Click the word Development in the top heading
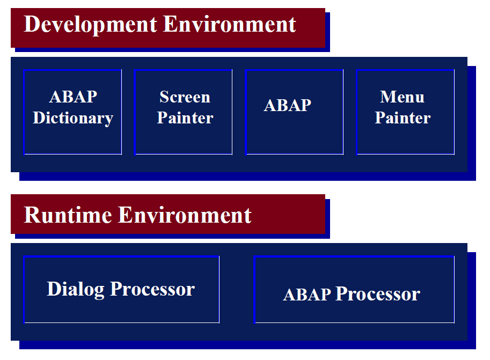[90, 25]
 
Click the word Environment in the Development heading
[229, 24]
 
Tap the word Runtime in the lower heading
[68, 215]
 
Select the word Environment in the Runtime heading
[185, 215]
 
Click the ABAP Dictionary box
[72, 112]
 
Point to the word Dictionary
[73, 118]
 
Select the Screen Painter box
[183, 112]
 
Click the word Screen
[185, 97]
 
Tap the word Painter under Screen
[185, 118]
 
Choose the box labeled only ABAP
[294, 112]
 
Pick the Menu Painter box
[405, 112]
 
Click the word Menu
[402, 97]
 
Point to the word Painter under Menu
[403, 118]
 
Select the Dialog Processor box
[121, 289]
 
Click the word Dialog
[76, 289]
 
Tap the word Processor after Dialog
[152, 289]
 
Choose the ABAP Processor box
[354, 289]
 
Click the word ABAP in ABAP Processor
[307, 295]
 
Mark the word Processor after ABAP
[378, 294]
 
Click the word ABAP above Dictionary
[73, 97]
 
